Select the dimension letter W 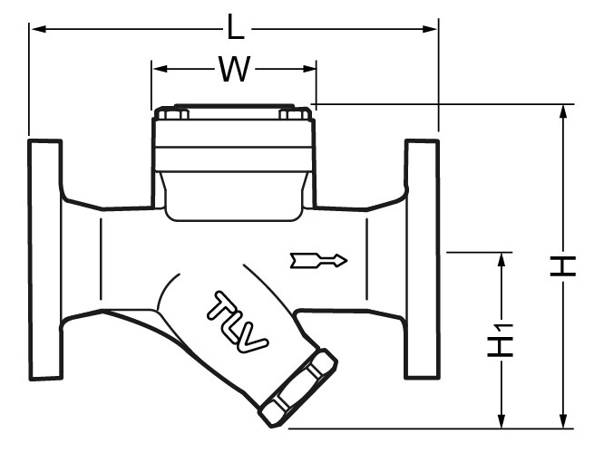tap(233, 70)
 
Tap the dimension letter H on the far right tap(565, 265)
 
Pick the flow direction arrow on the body tap(318, 261)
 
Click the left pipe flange tap(44, 259)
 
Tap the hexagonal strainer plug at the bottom tap(297, 388)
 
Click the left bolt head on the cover tap(172, 114)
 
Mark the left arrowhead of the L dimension tap(37, 29)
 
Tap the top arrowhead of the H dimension tap(565, 111)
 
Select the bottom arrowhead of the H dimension tap(565, 420)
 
